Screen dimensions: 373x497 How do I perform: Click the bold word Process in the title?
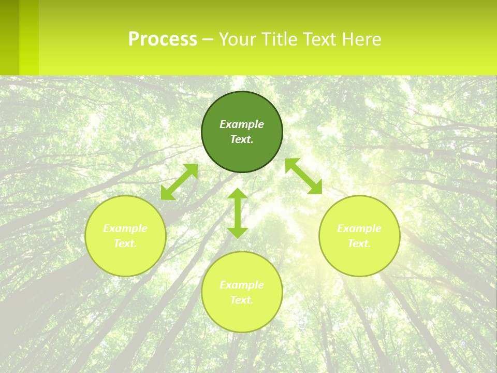coord(163,39)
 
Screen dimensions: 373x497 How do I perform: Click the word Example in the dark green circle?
coord(242,124)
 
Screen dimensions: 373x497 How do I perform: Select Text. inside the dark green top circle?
coord(242,139)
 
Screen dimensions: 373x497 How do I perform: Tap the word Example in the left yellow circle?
coord(125,228)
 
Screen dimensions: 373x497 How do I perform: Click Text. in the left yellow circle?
coord(125,243)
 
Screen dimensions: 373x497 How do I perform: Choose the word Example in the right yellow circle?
coord(359,228)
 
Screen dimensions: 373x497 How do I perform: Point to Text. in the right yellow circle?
coord(359,243)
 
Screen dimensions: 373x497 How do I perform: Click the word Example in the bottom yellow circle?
coord(242,285)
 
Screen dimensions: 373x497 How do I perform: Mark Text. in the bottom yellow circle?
coord(242,300)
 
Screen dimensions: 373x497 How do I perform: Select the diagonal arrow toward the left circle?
coord(179,182)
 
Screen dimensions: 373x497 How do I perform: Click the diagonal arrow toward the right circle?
coord(303,176)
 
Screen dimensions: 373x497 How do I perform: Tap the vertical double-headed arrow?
coord(238,212)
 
